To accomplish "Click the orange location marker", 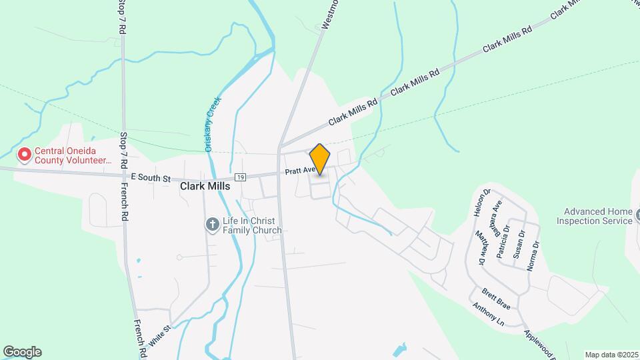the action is click(320, 159).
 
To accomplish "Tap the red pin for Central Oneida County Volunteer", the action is click(25, 155).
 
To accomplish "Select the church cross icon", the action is click(212, 225).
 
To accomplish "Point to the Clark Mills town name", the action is click(205, 187).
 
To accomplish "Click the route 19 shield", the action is click(241, 177).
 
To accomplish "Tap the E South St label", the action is click(151, 178).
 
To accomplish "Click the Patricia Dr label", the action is click(507, 235).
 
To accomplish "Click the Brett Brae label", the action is click(496, 299).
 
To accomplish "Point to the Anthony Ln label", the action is click(488, 315).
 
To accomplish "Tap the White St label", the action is click(160, 333).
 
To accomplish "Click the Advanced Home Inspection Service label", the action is click(594, 216).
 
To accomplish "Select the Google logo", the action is click(22, 352).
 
